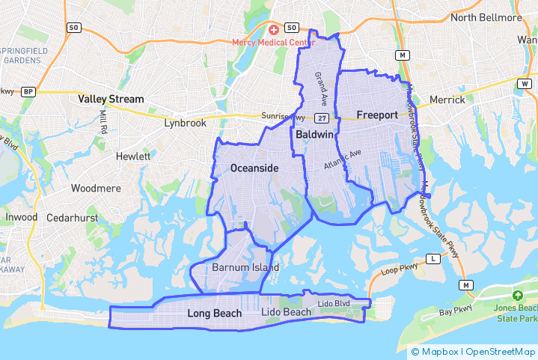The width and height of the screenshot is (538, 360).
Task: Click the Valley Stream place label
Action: pos(111,99)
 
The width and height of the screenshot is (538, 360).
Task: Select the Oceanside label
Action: pos(254,168)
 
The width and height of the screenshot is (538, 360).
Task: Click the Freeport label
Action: pos(377,115)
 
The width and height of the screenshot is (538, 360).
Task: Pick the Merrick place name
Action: pos(447,100)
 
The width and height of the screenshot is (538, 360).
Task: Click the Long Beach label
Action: pos(214,313)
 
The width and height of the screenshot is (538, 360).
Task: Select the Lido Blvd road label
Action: pos(334,303)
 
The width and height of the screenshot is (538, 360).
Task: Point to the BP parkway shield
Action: pos(28,92)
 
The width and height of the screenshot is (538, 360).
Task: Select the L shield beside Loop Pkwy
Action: pos(432,259)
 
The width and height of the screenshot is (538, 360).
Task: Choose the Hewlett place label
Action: pos(133,156)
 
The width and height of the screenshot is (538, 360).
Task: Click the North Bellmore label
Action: pos(485,17)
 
